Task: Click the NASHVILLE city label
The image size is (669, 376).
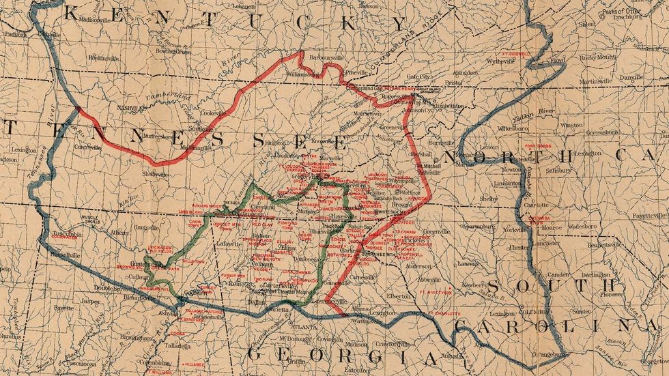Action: click(x=133, y=108)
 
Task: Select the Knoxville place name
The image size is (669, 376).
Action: click(x=303, y=141)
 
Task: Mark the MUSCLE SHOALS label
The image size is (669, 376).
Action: click(x=91, y=219)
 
